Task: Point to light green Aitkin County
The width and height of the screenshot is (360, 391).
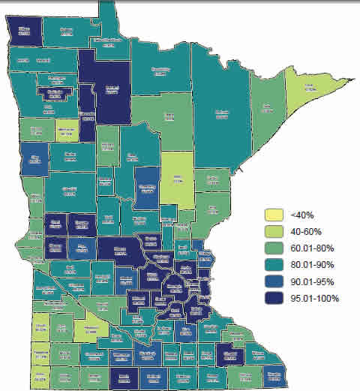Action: coord(177,179)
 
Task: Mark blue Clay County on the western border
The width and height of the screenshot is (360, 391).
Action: coord(35,160)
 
